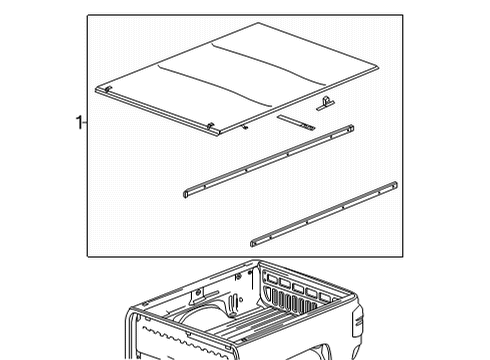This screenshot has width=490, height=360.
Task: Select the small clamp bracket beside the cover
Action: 326,102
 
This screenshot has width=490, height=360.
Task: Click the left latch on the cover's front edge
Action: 105,89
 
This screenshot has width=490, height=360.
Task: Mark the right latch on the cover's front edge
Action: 211,124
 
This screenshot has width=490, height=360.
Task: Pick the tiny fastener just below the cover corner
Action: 243,130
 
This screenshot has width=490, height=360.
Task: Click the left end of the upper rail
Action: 187,194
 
